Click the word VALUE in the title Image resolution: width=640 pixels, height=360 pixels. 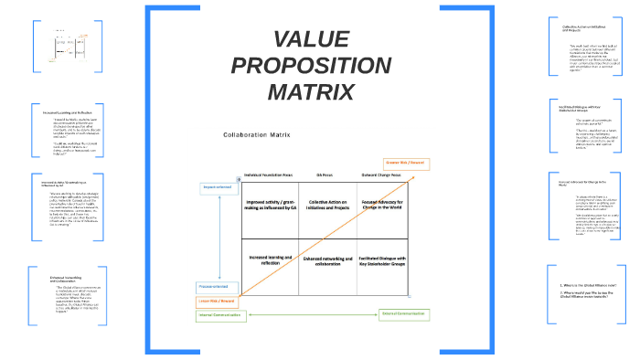[x=311, y=40]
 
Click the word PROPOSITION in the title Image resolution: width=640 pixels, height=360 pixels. [x=311, y=66]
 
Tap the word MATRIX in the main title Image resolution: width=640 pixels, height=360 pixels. [x=311, y=91]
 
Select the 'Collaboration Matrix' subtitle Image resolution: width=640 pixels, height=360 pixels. [x=255, y=134]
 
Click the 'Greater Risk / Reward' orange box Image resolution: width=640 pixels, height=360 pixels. [x=404, y=163]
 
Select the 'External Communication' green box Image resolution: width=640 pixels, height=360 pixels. [x=404, y=314]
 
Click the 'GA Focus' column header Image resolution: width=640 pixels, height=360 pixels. [x=325, y=174]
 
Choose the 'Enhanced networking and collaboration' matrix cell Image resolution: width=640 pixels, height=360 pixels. [x=327, y=263]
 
